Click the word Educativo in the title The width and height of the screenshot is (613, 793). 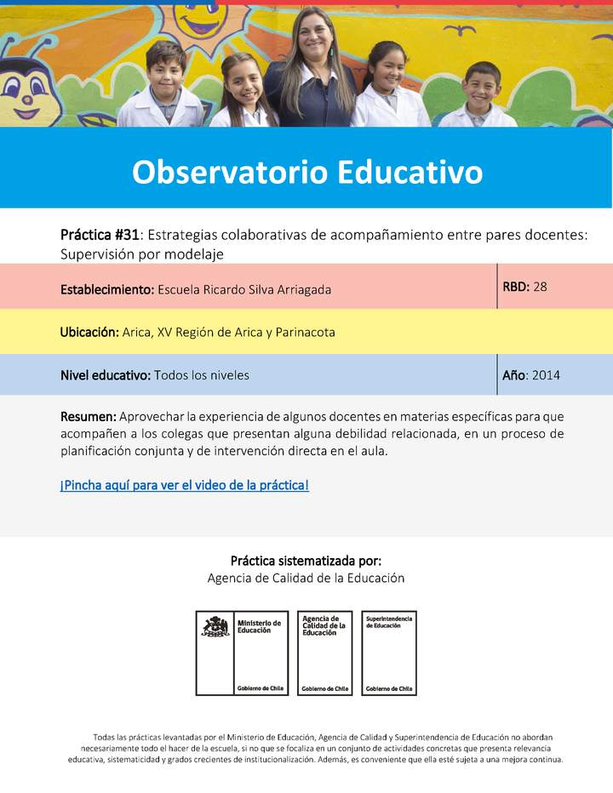(410, 172)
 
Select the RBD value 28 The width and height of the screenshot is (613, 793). (540, 287)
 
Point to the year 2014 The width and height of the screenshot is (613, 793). (546, 375)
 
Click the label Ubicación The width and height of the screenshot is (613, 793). (89, 332)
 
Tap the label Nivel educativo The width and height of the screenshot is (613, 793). (106, 375)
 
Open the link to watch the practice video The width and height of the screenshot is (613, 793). (184, 486)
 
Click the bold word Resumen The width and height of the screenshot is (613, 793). (88, 417)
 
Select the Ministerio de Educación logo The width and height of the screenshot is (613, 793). (243, 653)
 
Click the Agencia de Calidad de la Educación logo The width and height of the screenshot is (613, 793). (324, 653)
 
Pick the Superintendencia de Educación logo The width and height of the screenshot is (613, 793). (389, 653)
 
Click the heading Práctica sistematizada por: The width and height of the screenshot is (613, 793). (306, 562)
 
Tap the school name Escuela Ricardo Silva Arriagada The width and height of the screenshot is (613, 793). (244, 289)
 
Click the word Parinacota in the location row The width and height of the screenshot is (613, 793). (303, 332)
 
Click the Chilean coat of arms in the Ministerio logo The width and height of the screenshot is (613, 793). (215, 628)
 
